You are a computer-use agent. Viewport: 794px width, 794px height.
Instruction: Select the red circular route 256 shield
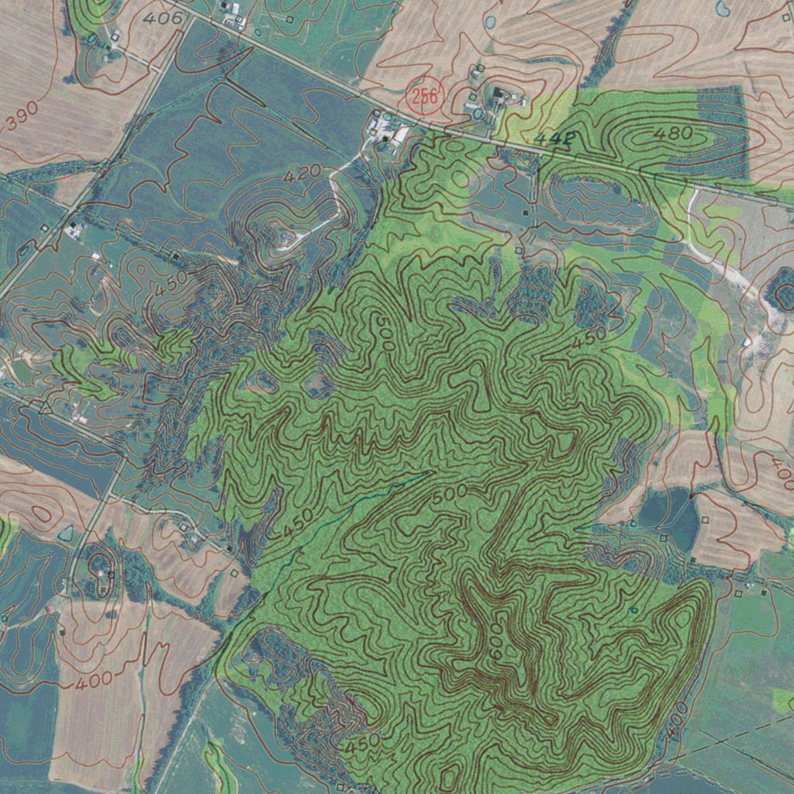(x=424, y=96)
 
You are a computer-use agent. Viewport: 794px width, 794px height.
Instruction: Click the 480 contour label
(x=672, y=133)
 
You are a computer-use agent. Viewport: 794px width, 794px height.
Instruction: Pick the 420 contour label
(x=302, y=176)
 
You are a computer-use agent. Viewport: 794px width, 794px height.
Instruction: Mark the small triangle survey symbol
(x=44, y=406)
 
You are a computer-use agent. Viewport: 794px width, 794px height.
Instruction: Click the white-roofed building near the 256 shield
(x=401, y=135)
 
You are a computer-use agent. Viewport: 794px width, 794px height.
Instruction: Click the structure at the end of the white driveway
(x=288, y=234)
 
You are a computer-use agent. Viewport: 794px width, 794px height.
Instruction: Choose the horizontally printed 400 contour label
(x=93, y=683)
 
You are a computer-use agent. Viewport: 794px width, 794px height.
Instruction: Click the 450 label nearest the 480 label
(x=589, y=339)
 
